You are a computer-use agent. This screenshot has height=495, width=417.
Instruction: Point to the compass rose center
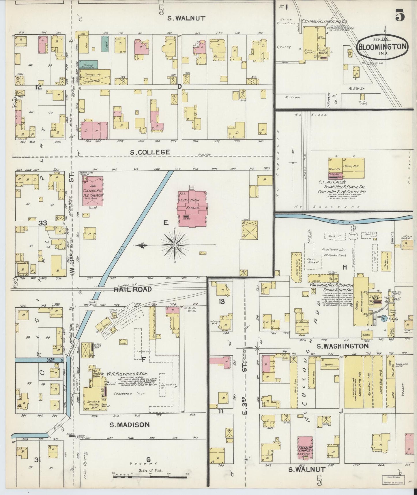[175, 245]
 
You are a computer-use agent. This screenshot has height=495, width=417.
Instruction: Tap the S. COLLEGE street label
[150, 152]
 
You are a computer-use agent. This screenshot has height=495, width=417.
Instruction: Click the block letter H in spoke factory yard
[344, 267]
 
